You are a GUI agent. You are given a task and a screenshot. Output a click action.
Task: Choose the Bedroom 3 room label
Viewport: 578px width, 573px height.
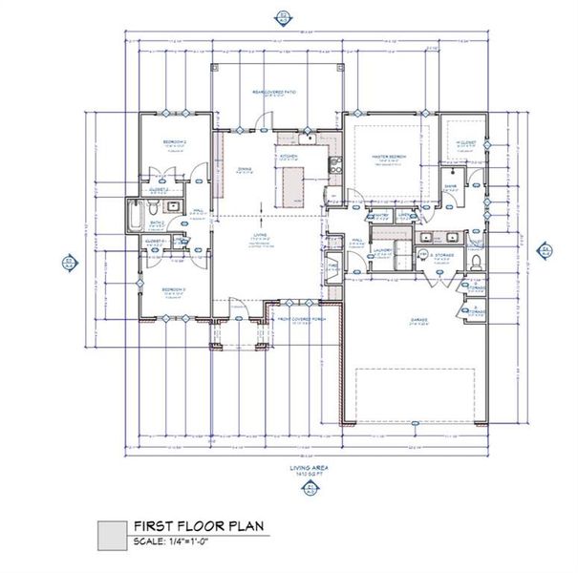pos(172,289)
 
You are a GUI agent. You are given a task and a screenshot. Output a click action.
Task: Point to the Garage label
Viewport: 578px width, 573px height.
pos(419,320)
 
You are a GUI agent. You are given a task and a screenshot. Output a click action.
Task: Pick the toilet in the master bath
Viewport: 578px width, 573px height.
pos(478,260)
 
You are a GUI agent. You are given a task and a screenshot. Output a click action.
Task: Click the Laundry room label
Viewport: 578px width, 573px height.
pos(385,252)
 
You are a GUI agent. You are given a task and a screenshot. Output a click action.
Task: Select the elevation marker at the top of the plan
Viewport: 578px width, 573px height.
pos(284,16)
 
